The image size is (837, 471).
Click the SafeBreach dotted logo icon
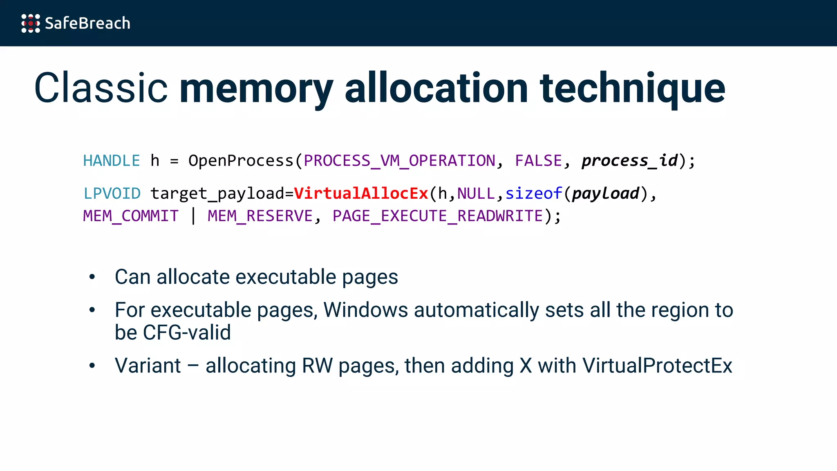pos(31,23)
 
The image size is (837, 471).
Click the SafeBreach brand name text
pos(87,23)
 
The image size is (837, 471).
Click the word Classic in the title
pos(101,88)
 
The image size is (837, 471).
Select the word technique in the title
pos(632,88)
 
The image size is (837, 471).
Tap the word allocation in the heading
pos(436,88)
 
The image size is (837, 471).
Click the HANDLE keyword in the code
pos(112,161)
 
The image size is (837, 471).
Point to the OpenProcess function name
pos(241,161)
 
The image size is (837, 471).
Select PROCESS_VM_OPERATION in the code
pos(399,161)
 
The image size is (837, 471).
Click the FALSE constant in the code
pos(538,161)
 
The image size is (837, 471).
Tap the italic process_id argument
pos(630,161)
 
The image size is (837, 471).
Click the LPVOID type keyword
pos(112,193)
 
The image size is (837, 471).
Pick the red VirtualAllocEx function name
pos(361,193)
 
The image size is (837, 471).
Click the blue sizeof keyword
pos(534,193)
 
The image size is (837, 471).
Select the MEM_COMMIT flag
pos(131,216)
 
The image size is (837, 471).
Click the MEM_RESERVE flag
pos(260,216)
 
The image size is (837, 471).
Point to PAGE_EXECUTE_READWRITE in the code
pos(438,216)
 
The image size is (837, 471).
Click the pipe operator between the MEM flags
pos(193,216)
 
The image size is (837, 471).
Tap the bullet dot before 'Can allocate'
pos(92,277)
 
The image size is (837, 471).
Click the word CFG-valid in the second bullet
pos(187,332)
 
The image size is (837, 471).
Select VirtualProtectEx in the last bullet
pos(657,366)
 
